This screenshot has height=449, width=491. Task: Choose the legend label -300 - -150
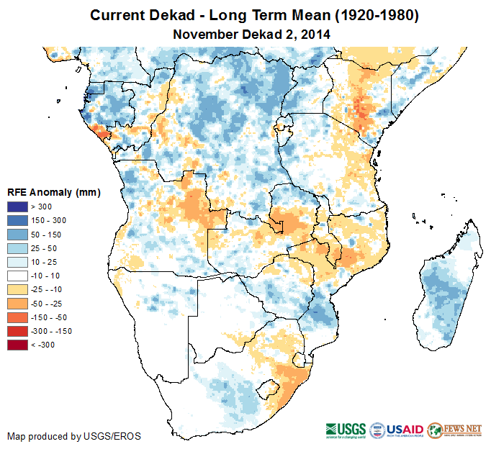pos(52,331)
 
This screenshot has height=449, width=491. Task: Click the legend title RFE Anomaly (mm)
pos(53,193)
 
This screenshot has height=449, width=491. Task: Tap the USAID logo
pos(397,430)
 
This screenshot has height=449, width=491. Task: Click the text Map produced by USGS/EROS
pos(74,436)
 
